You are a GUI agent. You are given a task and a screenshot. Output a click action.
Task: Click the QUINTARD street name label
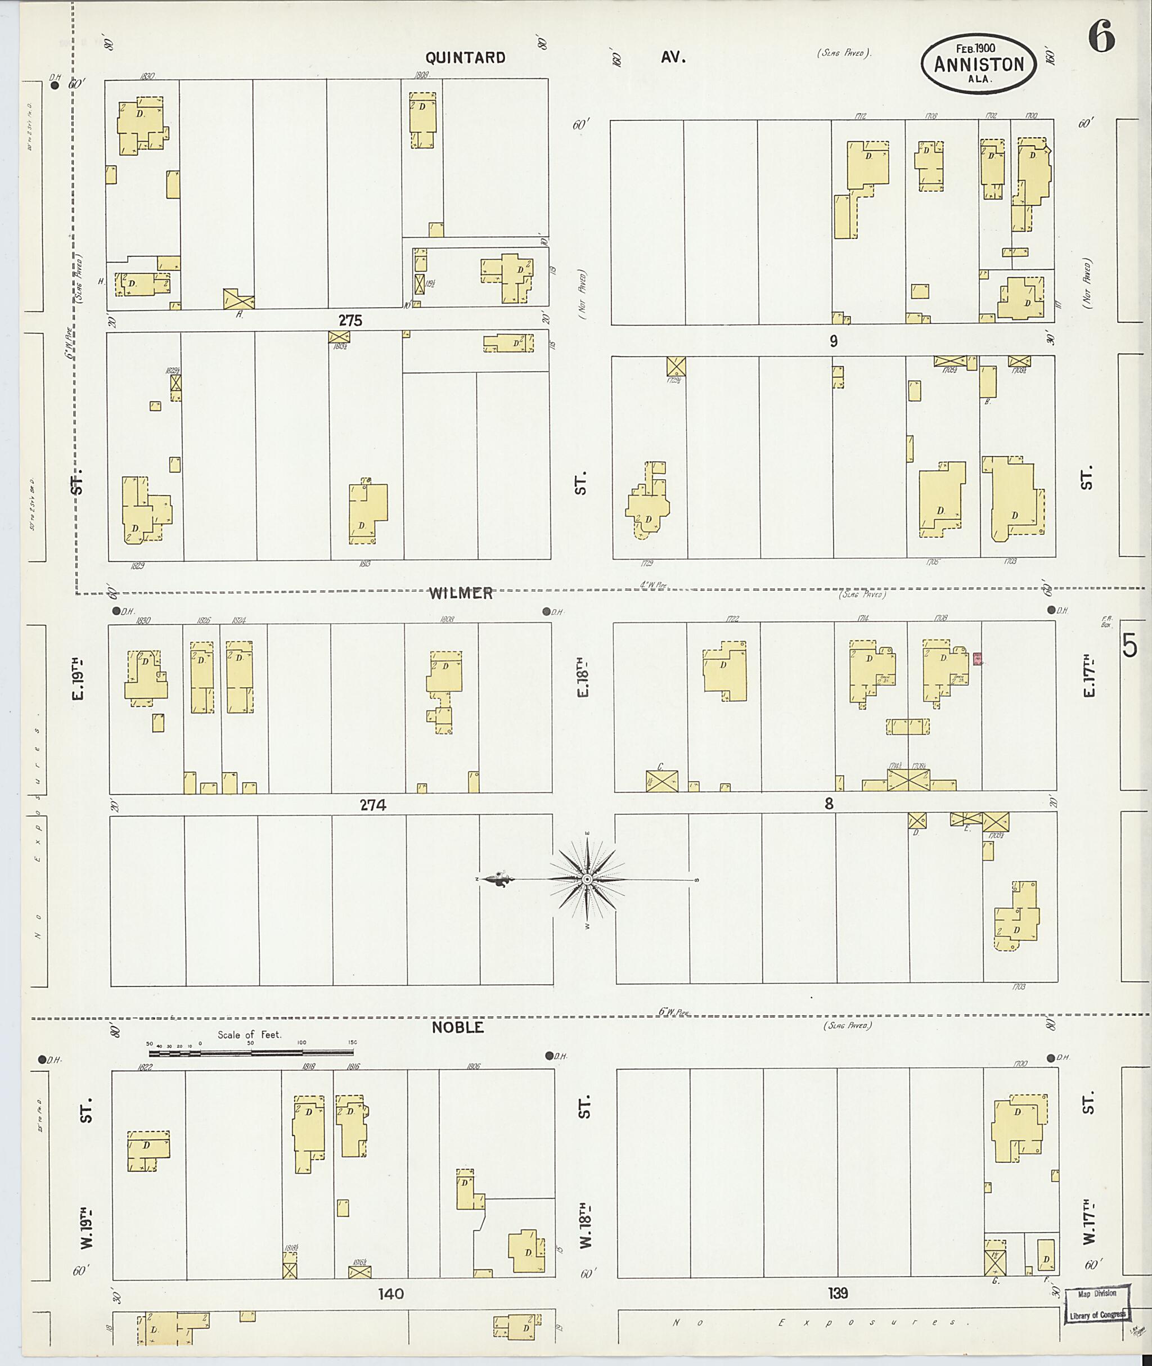[x=465, y=57]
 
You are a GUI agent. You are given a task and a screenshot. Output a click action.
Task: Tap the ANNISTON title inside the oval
[x=978, y=64]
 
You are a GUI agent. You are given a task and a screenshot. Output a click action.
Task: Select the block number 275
[x=350, y=321]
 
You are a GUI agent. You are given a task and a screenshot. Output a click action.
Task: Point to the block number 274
[x=373, y=805]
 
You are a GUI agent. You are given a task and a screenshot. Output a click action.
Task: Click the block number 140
[x=390, y=1293]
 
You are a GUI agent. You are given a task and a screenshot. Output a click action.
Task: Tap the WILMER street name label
[x=461, y=593]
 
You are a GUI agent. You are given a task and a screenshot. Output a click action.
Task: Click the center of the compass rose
[x=587, y=880]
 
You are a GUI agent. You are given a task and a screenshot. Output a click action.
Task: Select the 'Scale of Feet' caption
[x=250, y=1034]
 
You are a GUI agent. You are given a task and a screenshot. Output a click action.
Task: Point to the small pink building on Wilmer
[x=978, y=659]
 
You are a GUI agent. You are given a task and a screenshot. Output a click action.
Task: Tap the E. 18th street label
[x=583, y=677]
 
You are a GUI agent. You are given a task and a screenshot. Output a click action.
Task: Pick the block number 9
[x=833, y=341]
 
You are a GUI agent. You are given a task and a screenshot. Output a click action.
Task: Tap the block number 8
[x=829, y=804]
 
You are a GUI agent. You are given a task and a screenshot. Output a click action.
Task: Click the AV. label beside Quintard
[x=673, y=57]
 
